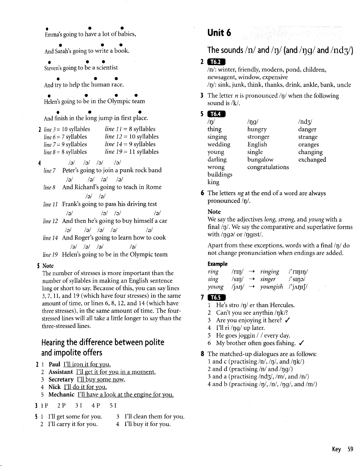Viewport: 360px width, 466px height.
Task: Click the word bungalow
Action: [260, 159]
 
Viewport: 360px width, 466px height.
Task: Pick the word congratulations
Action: [268, 167]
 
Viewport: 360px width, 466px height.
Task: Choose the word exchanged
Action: [312, 159]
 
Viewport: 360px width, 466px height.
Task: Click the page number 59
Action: [350, 449]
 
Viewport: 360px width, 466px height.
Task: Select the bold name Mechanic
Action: [62, 394]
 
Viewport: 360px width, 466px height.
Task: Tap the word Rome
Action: [154, 187]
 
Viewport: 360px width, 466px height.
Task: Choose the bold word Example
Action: [217, 264]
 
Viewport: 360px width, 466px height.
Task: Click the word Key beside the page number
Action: [336, 449]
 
